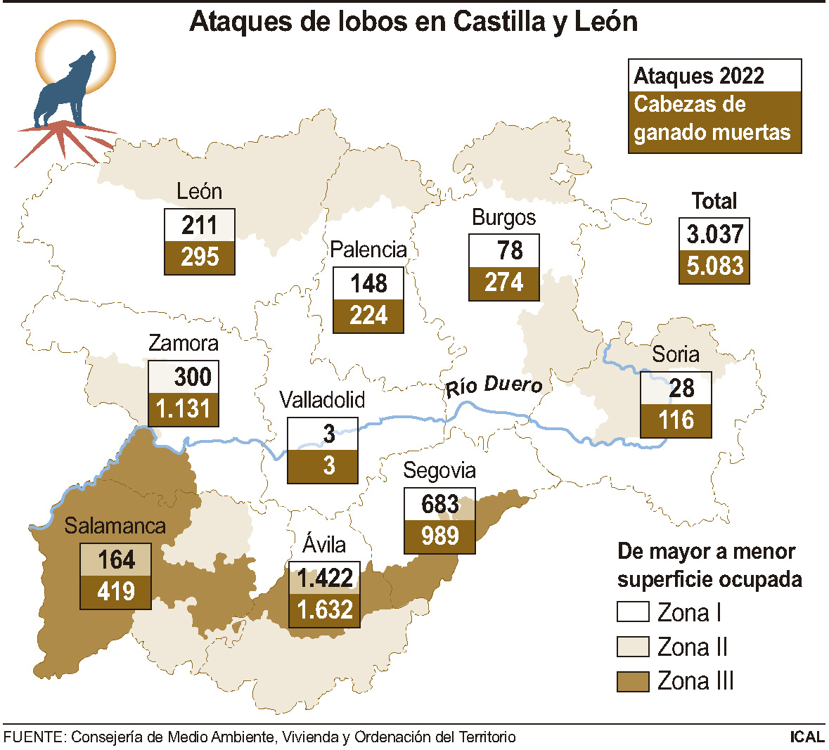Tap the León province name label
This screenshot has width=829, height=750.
click(199, 191)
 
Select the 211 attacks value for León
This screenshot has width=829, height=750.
click(200, 226)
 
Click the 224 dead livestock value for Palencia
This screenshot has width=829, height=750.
click(368, 316)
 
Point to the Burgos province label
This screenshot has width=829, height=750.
click(503, 217)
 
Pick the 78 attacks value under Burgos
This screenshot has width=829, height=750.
click(509, 251)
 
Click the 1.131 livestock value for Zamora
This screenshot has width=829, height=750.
click(184, 409)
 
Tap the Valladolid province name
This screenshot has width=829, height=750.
click(322, 400)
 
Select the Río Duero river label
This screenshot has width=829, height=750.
click(494, 386)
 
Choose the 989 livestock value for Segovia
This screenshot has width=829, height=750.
click(440, 536)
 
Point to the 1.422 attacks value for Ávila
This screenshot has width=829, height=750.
click(325, 578)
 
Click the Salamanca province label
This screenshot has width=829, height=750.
click(115, 526)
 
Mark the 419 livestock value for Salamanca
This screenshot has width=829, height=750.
click(116, 591)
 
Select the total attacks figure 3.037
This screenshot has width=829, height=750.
click(714, 234)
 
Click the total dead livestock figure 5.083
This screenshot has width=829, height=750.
click(714, 266)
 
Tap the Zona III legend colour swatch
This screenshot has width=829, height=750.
click(632, 681)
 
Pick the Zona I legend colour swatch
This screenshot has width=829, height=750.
click(632, 612)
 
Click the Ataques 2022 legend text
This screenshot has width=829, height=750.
click(699, 76)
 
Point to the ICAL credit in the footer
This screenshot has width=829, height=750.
click(806, 737)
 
